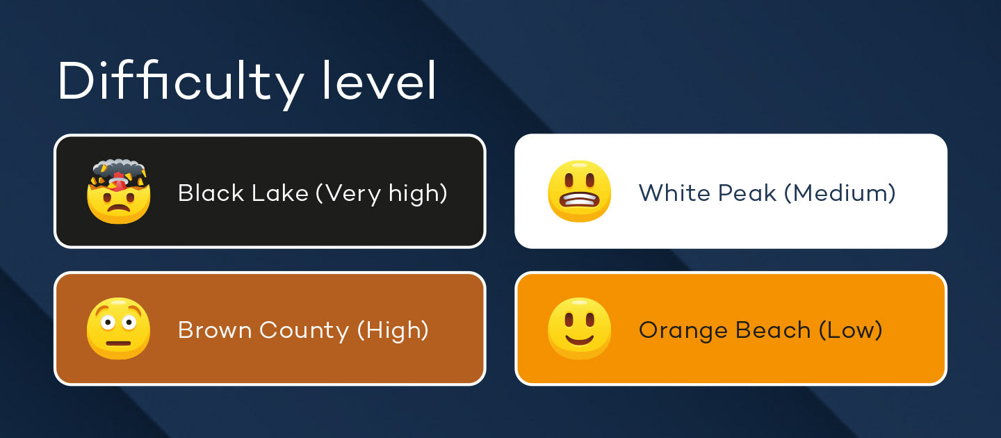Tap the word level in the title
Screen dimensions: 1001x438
(378, 80)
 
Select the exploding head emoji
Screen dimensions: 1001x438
(118, 191)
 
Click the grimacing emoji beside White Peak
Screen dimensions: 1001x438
(579, 191)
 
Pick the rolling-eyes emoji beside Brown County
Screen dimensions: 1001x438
(118, 328)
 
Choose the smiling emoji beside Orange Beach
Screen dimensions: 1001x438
(579, 328)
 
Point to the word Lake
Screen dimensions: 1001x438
(280, 193)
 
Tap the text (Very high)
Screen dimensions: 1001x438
(382, 193)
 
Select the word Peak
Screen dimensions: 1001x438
(747, 193)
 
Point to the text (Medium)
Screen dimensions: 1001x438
(840, 193)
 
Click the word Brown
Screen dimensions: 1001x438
(215, 330)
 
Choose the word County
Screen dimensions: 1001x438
(304, 331)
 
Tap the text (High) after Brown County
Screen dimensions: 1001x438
(393, 330)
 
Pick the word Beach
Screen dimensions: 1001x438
(773, 330)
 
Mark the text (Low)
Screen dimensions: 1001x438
(851, 330)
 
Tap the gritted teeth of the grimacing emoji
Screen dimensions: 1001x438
(580, 200)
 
